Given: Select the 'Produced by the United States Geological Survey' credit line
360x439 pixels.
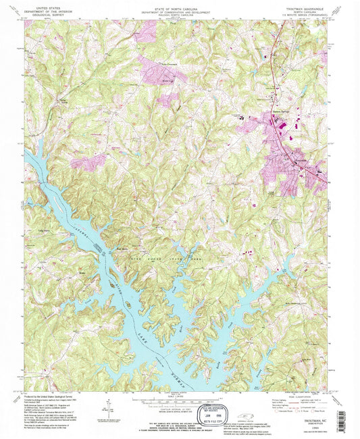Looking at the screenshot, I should (x=55, y=396).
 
